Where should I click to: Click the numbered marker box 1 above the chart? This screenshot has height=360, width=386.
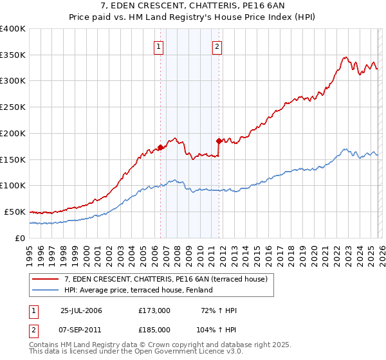(159, 46)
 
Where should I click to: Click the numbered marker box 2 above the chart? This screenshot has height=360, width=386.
(217, 46)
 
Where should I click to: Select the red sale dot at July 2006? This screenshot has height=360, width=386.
(160, 147)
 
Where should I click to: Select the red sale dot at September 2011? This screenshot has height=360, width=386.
(219, 141)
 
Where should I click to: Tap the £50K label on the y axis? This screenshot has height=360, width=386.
(15, 212)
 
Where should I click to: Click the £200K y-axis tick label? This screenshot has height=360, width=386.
(13, 134)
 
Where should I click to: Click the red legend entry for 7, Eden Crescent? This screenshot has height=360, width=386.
(170, 278)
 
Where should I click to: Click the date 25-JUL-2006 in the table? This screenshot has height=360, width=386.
(81, 310)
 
